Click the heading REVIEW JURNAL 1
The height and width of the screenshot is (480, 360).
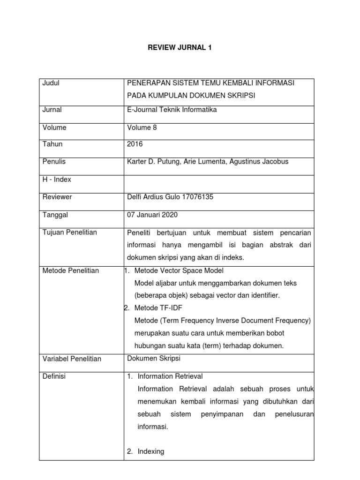(180, 48)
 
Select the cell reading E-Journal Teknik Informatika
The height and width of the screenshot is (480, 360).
(172, 110)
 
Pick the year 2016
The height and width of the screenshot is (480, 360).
(135, 144)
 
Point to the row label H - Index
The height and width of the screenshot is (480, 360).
(57, 180)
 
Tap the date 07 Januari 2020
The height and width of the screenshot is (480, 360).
(152, 215)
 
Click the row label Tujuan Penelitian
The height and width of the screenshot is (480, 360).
(70, 232)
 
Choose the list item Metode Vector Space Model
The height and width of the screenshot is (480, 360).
(179, 270)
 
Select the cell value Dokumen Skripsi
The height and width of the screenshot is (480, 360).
(154, 358)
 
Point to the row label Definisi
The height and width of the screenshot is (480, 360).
(54, 376)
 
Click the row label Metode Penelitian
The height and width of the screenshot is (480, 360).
(70, 270)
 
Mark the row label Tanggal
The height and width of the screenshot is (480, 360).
(55, 215)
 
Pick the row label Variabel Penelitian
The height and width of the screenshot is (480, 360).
(72, 359)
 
